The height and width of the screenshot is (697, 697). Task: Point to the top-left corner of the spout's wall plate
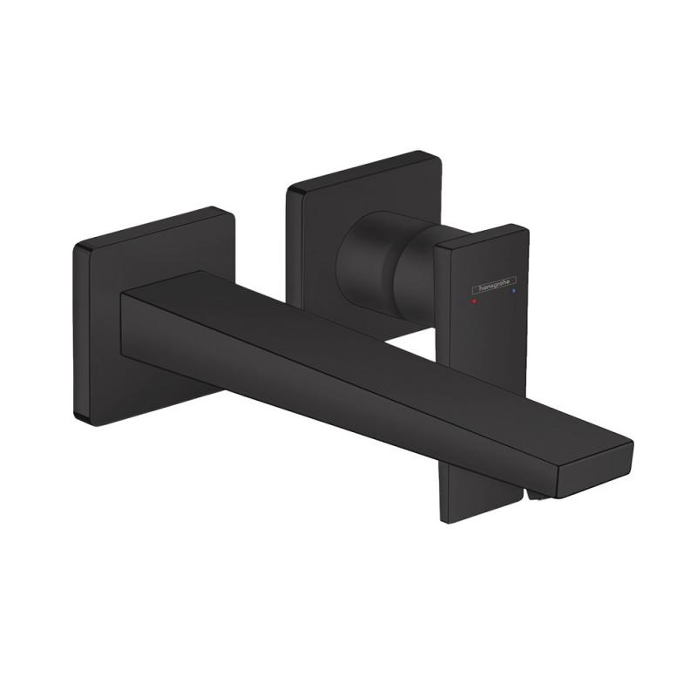tap(79, 247)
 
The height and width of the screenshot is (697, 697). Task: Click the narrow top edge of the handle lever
tap(484, 236)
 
